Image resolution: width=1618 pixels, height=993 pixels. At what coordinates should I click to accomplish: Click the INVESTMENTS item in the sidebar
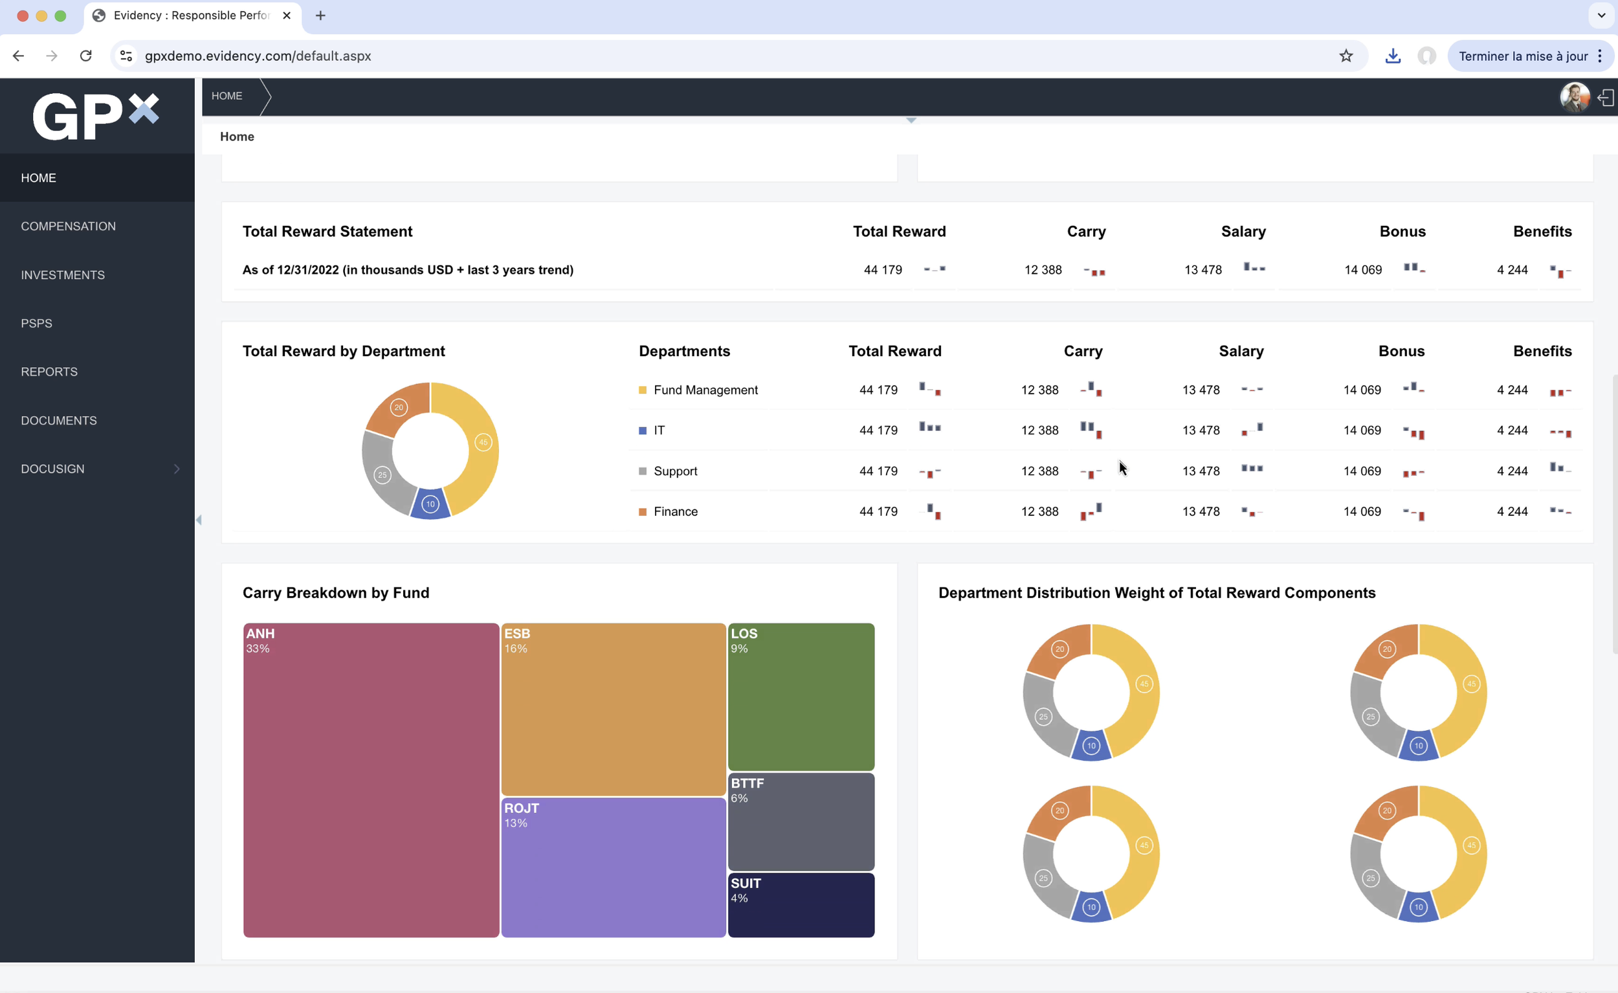tap(63, 274)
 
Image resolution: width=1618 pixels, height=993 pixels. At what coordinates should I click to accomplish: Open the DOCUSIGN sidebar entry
tap(52, 468)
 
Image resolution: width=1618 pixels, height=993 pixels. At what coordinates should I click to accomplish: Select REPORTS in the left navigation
tap(49, 372)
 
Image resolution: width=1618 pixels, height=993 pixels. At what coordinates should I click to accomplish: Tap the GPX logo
tap(96, 117)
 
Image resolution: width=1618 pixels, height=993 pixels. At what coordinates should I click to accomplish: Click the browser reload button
tap(85, 56)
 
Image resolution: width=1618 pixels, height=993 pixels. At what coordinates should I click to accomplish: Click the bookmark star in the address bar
tap(1346, 56)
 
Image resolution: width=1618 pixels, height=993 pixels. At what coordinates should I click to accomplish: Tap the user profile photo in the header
tap(1574, 97)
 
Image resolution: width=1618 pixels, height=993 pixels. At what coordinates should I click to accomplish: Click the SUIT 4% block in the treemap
tap(801, 904)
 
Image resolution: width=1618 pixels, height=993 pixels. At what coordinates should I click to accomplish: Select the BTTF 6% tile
tap(801, 821)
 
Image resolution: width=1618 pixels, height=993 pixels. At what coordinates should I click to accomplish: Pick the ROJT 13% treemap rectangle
tap(614, 867)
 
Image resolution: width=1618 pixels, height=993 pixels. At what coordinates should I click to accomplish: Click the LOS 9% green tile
tap(801, 696)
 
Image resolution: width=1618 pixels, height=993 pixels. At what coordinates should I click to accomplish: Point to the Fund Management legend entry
tap(705, 390)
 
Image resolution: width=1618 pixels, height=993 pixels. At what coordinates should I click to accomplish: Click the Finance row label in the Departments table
tap(676, 511)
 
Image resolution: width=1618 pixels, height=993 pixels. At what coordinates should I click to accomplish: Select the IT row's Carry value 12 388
tap(1039, 430)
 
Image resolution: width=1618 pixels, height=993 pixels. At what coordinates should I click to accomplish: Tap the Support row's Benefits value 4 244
tap(1513, 471)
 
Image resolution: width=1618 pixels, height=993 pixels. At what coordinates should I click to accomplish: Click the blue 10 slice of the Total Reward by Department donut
tap(430, 504)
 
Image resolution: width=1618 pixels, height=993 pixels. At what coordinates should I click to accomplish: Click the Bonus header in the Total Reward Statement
tap(1402, 231)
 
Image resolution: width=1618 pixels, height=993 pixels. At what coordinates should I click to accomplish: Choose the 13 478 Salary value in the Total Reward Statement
tap(1203, 270)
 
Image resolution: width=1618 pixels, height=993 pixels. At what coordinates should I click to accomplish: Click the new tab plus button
tap(320, 15)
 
